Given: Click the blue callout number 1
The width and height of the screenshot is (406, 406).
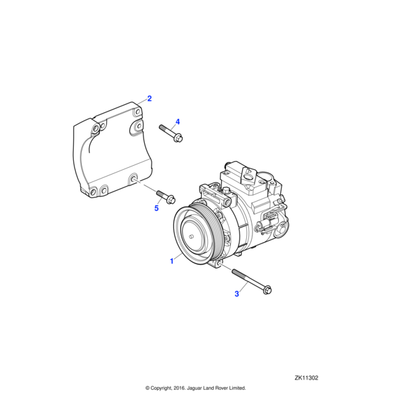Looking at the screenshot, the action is pyautogui.click(x=171, y=261).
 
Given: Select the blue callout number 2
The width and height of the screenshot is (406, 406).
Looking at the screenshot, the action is pyautogui.click(x=150, y=99).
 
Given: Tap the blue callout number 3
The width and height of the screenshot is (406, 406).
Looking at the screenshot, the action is pyautogui.click(x=237, y=294).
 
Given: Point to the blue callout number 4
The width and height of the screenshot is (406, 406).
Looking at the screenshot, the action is pyautogui.click(x=177, y=122).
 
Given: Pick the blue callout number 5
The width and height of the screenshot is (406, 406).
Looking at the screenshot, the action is pyautogui.click(x=156, y=208).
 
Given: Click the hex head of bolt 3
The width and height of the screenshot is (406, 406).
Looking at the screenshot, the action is pyautogui.click(x=267, y=290).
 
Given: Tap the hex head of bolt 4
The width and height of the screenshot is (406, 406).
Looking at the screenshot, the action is pyautogui.click(x=179, y=138).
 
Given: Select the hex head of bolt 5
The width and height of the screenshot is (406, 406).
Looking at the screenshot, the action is pyautogui.click(x=171, y=200).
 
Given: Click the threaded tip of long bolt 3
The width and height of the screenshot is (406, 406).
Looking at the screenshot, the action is pyautogui.click(x=233, y=271).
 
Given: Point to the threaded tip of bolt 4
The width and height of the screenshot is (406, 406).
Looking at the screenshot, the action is pyautogui.click(x=161, y=127).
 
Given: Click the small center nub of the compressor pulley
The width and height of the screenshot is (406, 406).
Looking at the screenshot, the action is pyautogui.click(x=191, y=236).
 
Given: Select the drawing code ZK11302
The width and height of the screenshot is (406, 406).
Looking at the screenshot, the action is pyautogui.click(x=307, y=378).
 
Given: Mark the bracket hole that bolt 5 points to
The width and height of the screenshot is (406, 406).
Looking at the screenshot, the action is pyautogui.click(x=134, y=179).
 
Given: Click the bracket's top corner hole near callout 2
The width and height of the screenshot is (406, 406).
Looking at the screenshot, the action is pyautogui.click(x=138, y=112).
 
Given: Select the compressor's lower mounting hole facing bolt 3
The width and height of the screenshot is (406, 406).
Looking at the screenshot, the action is pyautogui.click(x=219, y=263).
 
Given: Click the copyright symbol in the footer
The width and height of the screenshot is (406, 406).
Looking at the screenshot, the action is pyautogui.click(x=148, y=388).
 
